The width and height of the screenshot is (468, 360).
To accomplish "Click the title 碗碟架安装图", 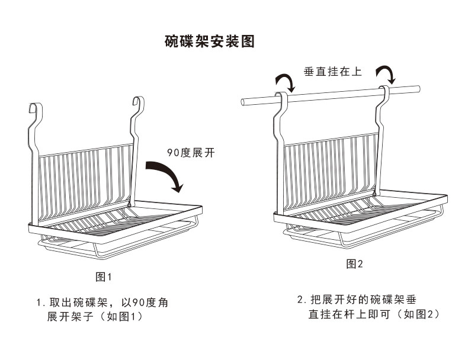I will (210, 43).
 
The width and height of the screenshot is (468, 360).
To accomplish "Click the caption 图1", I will (104, 277).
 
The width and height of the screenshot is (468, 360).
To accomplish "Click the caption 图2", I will (354, 263).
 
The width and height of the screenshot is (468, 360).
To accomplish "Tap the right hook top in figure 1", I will (138, 101).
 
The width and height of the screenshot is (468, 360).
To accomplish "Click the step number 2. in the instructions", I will (301, 299).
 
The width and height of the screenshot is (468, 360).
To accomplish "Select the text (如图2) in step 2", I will (415, 314).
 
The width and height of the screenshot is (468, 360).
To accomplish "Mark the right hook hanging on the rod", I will (384, 92).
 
